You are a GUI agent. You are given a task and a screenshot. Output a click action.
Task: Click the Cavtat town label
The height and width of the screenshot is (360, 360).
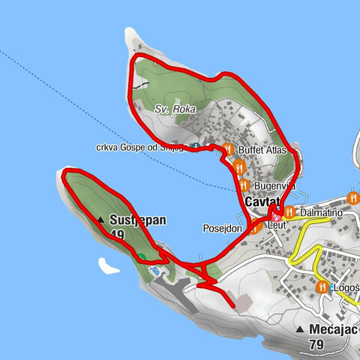262,202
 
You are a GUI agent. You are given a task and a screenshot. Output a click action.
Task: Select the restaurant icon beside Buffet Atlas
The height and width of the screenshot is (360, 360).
228,148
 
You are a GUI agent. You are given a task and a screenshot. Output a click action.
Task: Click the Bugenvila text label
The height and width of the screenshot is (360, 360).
274,185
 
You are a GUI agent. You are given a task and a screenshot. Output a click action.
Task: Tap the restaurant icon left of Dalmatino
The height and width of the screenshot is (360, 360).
287,212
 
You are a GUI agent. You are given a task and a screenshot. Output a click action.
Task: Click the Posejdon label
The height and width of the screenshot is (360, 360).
222,228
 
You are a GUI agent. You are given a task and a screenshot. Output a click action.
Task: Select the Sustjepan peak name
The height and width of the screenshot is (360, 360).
137,220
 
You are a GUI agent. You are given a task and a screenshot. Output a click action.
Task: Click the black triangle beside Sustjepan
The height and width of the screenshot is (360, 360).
101,220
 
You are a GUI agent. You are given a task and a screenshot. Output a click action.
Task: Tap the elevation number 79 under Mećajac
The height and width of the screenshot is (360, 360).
318,345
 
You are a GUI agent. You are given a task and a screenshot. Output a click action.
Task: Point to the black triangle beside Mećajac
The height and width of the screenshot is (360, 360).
299,330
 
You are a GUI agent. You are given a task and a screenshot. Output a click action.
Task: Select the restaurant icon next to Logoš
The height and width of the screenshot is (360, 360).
322,287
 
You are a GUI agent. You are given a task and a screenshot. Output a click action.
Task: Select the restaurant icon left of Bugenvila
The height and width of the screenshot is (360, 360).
242,184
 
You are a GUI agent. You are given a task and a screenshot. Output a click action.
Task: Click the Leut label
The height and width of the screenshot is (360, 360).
279,223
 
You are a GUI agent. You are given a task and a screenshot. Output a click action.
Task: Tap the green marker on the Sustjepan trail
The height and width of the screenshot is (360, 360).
141,256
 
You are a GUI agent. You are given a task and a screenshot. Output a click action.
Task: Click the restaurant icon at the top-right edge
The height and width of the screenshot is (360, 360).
352,198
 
